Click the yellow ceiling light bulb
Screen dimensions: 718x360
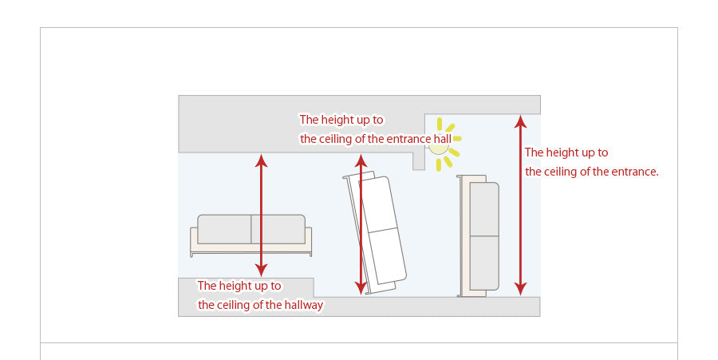pyautogui.click(x=438, y=145)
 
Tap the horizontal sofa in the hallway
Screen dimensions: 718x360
pyautogui.click(x=251, y=235)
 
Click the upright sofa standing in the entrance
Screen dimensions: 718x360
pyautogui.click(x=478, y=236)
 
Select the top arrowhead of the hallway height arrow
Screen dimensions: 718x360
pyautogui.click(x=261, y=160)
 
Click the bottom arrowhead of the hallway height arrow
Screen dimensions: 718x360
pyautogui.click(x=261, y=271)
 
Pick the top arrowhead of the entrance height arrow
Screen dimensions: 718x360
pyautogui.click(x=520, y=121)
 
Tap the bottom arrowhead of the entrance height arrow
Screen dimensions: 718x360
pyautogui.click(x=520, y=288)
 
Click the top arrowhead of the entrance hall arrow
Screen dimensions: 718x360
pyautogui.click(x=361, y=160)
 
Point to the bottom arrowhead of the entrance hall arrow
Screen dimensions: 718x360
pyautogui.click(x=361, y=288)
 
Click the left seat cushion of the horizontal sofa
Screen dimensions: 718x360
pyautogui.click(x=224, y=229)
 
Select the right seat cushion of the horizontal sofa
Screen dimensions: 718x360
pyautogui.click(x=278, y=229)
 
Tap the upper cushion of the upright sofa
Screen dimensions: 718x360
pyautogui.click(x=484, y=209)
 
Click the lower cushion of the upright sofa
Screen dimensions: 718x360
pyautogui.click(x=484, y=263)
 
